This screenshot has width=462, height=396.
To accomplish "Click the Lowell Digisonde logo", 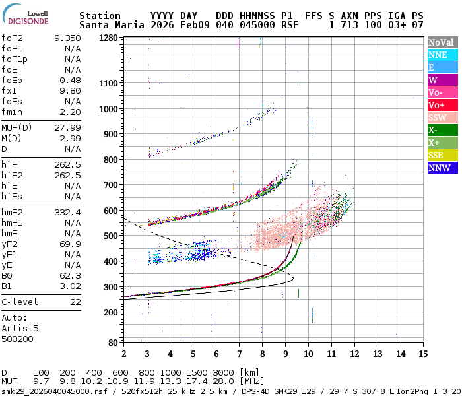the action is [25, 15].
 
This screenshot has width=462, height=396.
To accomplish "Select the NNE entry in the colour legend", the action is [443, 55].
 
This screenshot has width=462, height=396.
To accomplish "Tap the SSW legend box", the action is [443, 117].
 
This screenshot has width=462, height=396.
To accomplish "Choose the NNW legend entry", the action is [443, 168].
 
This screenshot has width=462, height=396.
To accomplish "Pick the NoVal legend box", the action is [443, 42].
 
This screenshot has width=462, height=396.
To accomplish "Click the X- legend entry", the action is [443, 130].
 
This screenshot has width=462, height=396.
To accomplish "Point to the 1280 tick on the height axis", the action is [108, 38].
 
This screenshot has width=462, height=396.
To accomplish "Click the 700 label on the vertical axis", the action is [111, 185].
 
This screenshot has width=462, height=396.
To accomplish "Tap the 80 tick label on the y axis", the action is [113, 343].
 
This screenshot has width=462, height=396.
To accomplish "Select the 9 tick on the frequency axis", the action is [285, 354].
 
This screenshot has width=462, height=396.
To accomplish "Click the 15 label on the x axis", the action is [423, 354].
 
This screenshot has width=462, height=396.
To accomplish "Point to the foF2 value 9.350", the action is [67, 38].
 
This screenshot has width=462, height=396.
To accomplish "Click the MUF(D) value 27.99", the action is [67, 127].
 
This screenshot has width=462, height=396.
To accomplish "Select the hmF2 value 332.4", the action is [67, 212].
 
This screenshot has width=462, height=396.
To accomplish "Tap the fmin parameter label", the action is [12, 112].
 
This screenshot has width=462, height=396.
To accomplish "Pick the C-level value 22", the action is [75, 302].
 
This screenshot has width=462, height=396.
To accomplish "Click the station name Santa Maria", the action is [112, 25].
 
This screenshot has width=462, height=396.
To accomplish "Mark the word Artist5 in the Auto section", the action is [20, 328].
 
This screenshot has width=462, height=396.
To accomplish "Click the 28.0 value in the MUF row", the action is [223, 381].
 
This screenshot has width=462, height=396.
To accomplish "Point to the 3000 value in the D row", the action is [223, 372].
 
